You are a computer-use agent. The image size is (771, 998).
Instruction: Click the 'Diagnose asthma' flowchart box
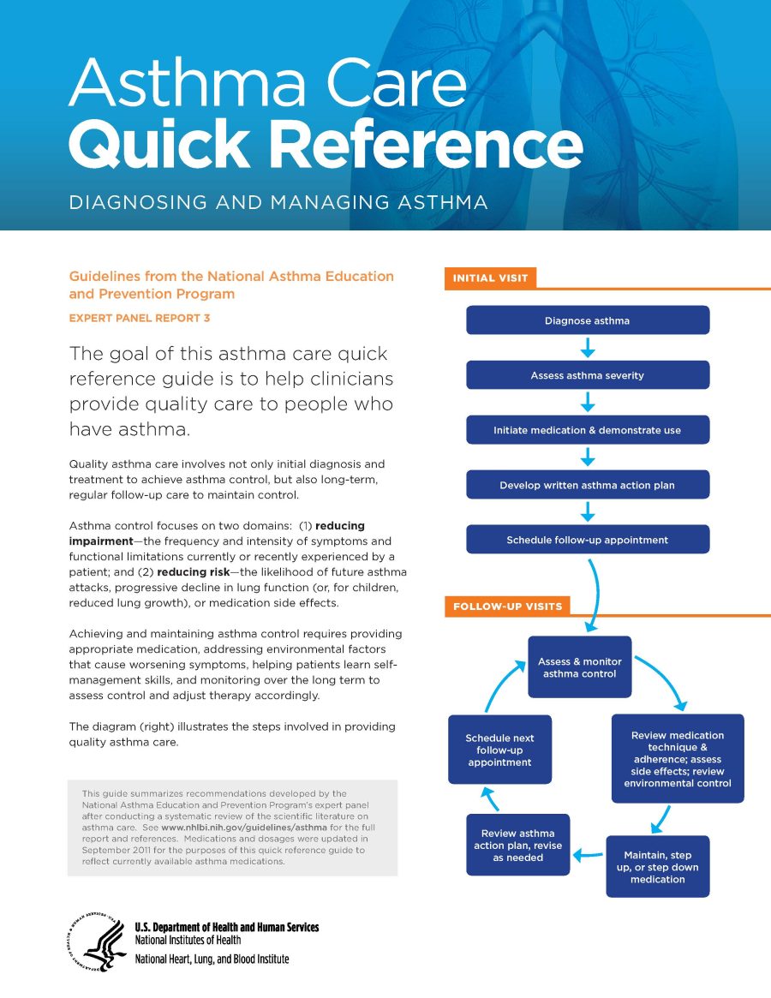coord(587,320)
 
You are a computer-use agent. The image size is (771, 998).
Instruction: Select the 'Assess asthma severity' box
coord(587,375)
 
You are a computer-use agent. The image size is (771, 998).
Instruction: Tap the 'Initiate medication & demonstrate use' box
coord(587,430)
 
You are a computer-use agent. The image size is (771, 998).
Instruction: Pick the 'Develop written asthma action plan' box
coord(587,485)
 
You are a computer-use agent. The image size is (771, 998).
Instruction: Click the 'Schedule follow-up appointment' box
coord(587,540)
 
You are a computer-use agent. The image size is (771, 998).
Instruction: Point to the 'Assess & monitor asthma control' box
coord(579,667)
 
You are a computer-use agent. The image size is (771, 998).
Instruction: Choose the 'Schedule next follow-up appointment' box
coord(499,750)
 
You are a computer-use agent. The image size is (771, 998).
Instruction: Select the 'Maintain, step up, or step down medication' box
coord(657,867)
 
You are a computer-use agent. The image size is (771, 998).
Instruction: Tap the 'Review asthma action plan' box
coord(517,845)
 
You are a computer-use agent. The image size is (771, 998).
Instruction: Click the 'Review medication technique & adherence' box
coord(677,759)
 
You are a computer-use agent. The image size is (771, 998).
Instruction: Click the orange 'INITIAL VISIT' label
coord(490,278)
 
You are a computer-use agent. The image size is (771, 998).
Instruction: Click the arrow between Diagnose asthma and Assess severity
coord(588,348)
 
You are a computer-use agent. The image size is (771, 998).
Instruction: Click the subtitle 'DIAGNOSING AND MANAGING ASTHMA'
coord(278,203)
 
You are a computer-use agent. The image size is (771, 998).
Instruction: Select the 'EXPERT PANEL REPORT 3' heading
coord(140,318)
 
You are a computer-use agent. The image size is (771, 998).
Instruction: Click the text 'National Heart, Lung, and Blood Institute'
coord(212,959)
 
